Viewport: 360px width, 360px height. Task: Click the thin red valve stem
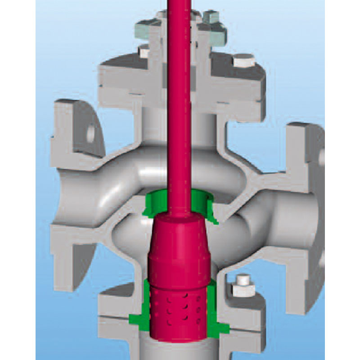179,112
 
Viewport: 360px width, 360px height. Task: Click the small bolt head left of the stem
144,51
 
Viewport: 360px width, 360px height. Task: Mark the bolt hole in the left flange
91,133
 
